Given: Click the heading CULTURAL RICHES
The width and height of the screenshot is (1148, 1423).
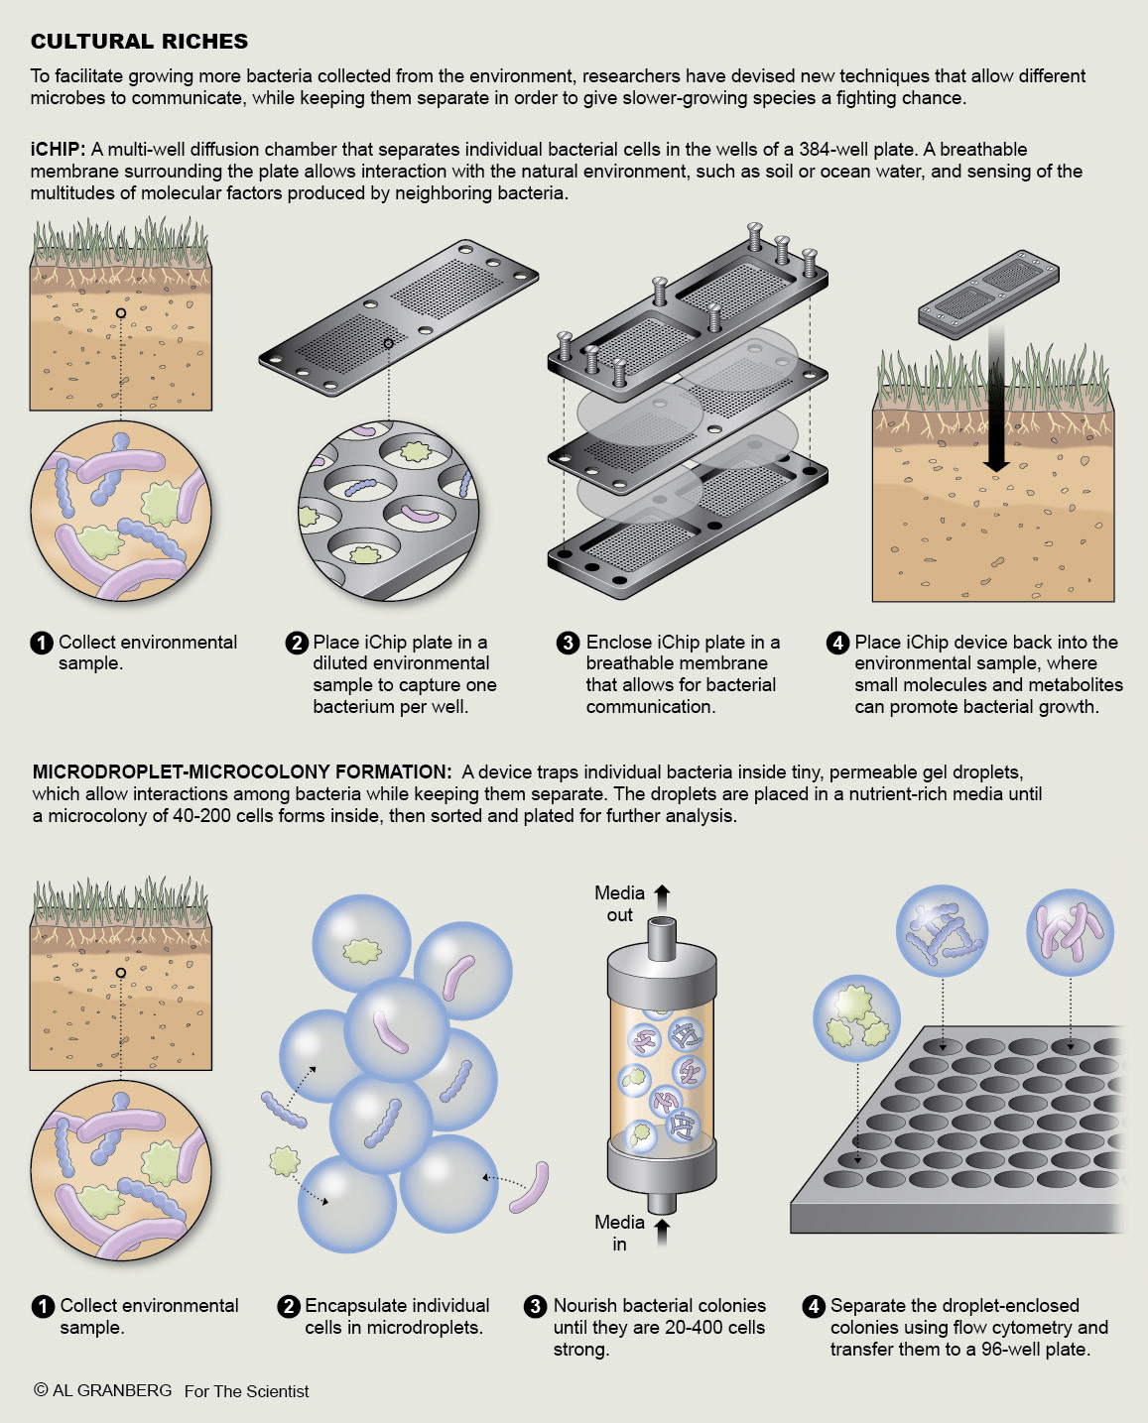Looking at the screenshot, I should tap(139, 42).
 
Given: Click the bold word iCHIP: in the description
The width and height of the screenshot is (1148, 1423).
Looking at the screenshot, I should tap(58, 150).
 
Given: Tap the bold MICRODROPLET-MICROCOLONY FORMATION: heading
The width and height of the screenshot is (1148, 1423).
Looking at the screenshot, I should tap(242, 771).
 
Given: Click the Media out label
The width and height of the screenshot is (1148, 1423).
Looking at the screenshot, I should tap(619, 903).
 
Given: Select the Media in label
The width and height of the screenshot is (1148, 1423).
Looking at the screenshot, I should tap(619, 1233).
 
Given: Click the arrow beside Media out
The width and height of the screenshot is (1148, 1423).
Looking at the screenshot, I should tap(663, 893).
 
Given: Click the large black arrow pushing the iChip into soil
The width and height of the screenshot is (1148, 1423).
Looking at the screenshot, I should tap(997, 397).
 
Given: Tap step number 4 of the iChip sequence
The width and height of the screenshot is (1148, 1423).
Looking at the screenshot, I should tap(837, 643).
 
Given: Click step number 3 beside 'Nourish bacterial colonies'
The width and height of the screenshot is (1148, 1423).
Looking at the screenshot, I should tap(536, 1306).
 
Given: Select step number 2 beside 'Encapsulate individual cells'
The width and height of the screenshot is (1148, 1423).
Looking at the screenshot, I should tap(289, 1306).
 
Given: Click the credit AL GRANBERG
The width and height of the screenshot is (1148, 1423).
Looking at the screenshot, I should tap(111, 1390).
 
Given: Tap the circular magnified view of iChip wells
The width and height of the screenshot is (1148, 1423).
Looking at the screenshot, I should tap(389, 510).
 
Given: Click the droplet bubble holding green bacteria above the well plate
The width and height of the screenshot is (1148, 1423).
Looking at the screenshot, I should tap(856, 1018).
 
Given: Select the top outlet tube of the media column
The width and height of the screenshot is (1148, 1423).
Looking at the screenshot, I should tap(662, 936).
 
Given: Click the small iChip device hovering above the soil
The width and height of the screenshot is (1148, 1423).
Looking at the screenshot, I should tap(987, 294).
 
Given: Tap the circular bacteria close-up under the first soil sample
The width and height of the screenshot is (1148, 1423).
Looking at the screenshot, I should tap(121, 510).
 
